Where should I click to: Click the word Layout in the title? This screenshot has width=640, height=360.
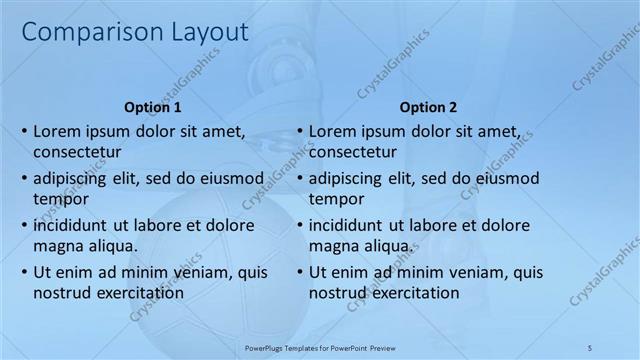point(204,32)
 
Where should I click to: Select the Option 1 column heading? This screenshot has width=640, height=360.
point(153,107)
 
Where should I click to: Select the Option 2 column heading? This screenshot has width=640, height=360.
point(428,107)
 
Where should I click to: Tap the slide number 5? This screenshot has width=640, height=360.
point(590,347)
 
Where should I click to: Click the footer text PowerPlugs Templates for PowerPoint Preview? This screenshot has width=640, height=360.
point(320,347)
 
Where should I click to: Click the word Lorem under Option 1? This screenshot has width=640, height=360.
point(57,131)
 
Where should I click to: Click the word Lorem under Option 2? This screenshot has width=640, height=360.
point(332,131)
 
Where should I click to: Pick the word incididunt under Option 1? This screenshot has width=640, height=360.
point(74,225)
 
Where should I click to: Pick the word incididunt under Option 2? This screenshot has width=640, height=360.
point(349,225)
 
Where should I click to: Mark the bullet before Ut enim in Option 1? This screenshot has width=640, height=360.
point(24,272)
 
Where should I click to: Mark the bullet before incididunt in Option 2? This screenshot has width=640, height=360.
point(299,225)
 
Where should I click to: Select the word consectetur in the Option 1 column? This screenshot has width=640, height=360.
point(77,153)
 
